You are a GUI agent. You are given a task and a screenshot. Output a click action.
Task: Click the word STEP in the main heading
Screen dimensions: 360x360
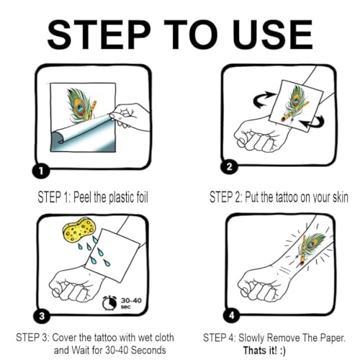click(x=99, y=35)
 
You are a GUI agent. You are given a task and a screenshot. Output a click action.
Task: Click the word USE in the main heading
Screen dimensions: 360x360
click(x=274, y=35)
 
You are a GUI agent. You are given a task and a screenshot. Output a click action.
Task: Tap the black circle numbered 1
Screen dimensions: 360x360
click(x=41, y=171)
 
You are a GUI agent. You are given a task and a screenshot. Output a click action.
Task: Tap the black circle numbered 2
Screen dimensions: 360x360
click(x=229, y=166)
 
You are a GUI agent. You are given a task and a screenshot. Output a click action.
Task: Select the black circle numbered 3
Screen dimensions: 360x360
click(x=42, y=315)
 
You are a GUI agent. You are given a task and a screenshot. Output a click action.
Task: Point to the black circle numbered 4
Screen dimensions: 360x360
click(x=232, y=315)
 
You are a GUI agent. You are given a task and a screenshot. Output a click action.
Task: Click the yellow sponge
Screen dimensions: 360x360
click(x=79, y=230)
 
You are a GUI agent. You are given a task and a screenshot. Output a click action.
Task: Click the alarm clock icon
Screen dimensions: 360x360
click(x=109, y=303)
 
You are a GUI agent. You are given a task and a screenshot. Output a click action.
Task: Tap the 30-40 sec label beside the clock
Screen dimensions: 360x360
click(x=131, y=303)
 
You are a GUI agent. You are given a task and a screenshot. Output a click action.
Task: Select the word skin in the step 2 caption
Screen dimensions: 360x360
click(x=340, y=198)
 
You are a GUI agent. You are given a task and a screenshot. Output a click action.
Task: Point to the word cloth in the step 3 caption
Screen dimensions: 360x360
click(x=164, y=338)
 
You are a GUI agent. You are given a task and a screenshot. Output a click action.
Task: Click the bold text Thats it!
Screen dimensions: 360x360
click(x=260, y=351)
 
